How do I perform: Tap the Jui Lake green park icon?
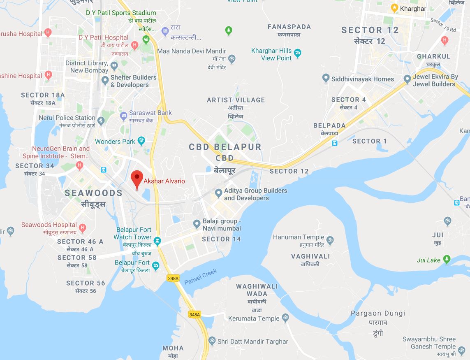[447, 260]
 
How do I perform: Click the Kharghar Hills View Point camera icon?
[298, 53]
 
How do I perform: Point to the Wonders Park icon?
[141, 142]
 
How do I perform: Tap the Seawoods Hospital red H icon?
[83, 228]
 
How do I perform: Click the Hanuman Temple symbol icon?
[330, 239]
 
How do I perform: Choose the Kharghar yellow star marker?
[395, 8]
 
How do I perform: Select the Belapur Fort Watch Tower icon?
[157, 240]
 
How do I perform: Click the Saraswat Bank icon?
[123, 116]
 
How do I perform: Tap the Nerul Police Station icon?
[101, 121]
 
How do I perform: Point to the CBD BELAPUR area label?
[225, 147]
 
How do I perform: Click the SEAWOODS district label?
[93, 193]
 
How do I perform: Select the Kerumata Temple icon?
[285, 318]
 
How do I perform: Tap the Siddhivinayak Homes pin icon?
[326, 79]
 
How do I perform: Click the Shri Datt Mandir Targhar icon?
[212, 341]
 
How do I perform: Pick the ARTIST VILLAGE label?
[236, 100]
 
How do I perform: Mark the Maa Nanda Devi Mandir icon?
[232, 59]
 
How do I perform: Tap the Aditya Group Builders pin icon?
[219, 193]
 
